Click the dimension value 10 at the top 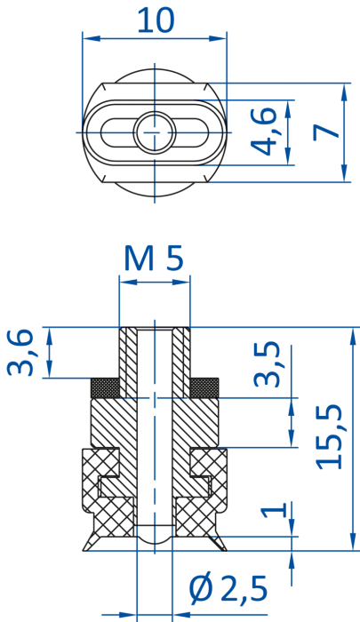[x=156, y=20]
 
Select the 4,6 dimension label [x=263, y=132]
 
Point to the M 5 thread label [x=154, y=259]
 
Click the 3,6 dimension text [x=20, y=352]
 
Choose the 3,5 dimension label [x=267, y=363]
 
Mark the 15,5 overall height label [x=329, y=437]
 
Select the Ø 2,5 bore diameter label [x=228, y=588]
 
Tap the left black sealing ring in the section [x=105, y=388]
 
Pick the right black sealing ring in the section [x=204, y=388]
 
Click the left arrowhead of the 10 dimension [x=91, y=38]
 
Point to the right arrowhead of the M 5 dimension [x=182, y=282]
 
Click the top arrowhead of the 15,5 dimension [x=353, y=336]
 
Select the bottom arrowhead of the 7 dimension [x=345, y=174]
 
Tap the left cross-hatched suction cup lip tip [x=84, y=550]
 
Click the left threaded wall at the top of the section [x=128, y=363]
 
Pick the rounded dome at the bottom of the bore [x=155, y=539]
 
